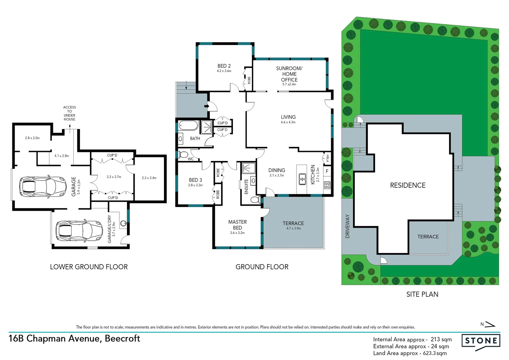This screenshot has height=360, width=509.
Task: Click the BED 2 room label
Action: (224, 66)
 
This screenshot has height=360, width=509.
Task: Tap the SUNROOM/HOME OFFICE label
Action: (289, 74)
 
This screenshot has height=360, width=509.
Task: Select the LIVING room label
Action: (288, 117)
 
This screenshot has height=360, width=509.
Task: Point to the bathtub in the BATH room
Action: (188, 126)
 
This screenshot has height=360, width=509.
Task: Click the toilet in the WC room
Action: (183, 155)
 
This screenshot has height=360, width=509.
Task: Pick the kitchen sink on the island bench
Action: (302, 179)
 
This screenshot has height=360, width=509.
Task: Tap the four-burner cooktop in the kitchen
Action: (327, 185)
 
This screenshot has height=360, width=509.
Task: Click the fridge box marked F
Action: (327, 171)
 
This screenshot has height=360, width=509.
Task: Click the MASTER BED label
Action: (238, 225)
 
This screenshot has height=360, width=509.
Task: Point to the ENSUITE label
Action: (247, 186)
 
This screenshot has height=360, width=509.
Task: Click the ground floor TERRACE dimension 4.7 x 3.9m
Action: (293, 228)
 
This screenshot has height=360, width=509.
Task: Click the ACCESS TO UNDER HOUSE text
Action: (70, 113)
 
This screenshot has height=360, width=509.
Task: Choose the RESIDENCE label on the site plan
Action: (408, 185)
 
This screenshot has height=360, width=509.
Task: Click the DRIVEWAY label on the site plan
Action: (347, 226)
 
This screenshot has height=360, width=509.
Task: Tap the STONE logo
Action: (481, 341)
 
